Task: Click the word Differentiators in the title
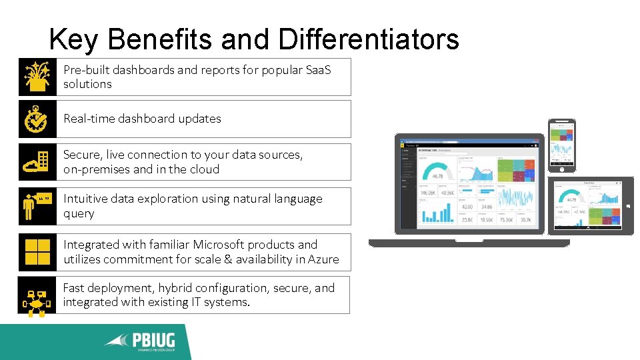coord(369,39)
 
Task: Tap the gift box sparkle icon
coord(37,77)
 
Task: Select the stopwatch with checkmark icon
coord(37,119)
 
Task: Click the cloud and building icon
coord(37,162)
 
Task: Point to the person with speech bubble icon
coord(37,205)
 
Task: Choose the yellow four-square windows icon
coord(37,252)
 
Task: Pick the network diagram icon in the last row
coord(37,295)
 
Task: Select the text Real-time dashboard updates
coord(142,119)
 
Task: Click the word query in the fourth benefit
coord(79,214)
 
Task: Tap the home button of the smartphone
coord(562,169)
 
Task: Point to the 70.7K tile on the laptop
coord(526,219)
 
